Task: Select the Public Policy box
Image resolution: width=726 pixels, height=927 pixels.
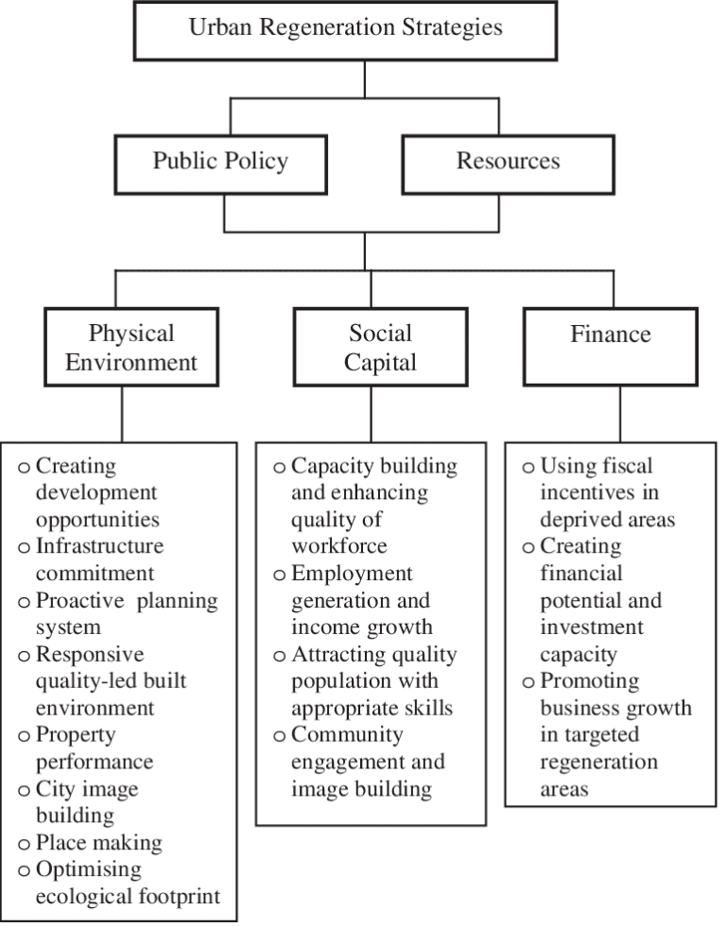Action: pos(220,163)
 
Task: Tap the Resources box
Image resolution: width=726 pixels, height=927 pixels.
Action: pos(508,163)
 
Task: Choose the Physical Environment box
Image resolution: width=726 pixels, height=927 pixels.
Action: pos(131,347)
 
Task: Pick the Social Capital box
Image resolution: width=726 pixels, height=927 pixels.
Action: pos(380,347)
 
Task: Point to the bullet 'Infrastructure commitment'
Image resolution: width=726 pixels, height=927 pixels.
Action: pos(98,559)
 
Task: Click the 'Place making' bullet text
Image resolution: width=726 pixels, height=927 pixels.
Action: pos(98,842)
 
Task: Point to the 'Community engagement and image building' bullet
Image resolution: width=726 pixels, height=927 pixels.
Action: pos(367,762)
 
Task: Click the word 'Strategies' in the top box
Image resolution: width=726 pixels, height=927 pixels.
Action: pos(450,27)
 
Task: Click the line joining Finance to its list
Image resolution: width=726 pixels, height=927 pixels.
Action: pos(620,414)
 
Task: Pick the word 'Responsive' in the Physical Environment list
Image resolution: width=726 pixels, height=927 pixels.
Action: pos(90,654)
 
